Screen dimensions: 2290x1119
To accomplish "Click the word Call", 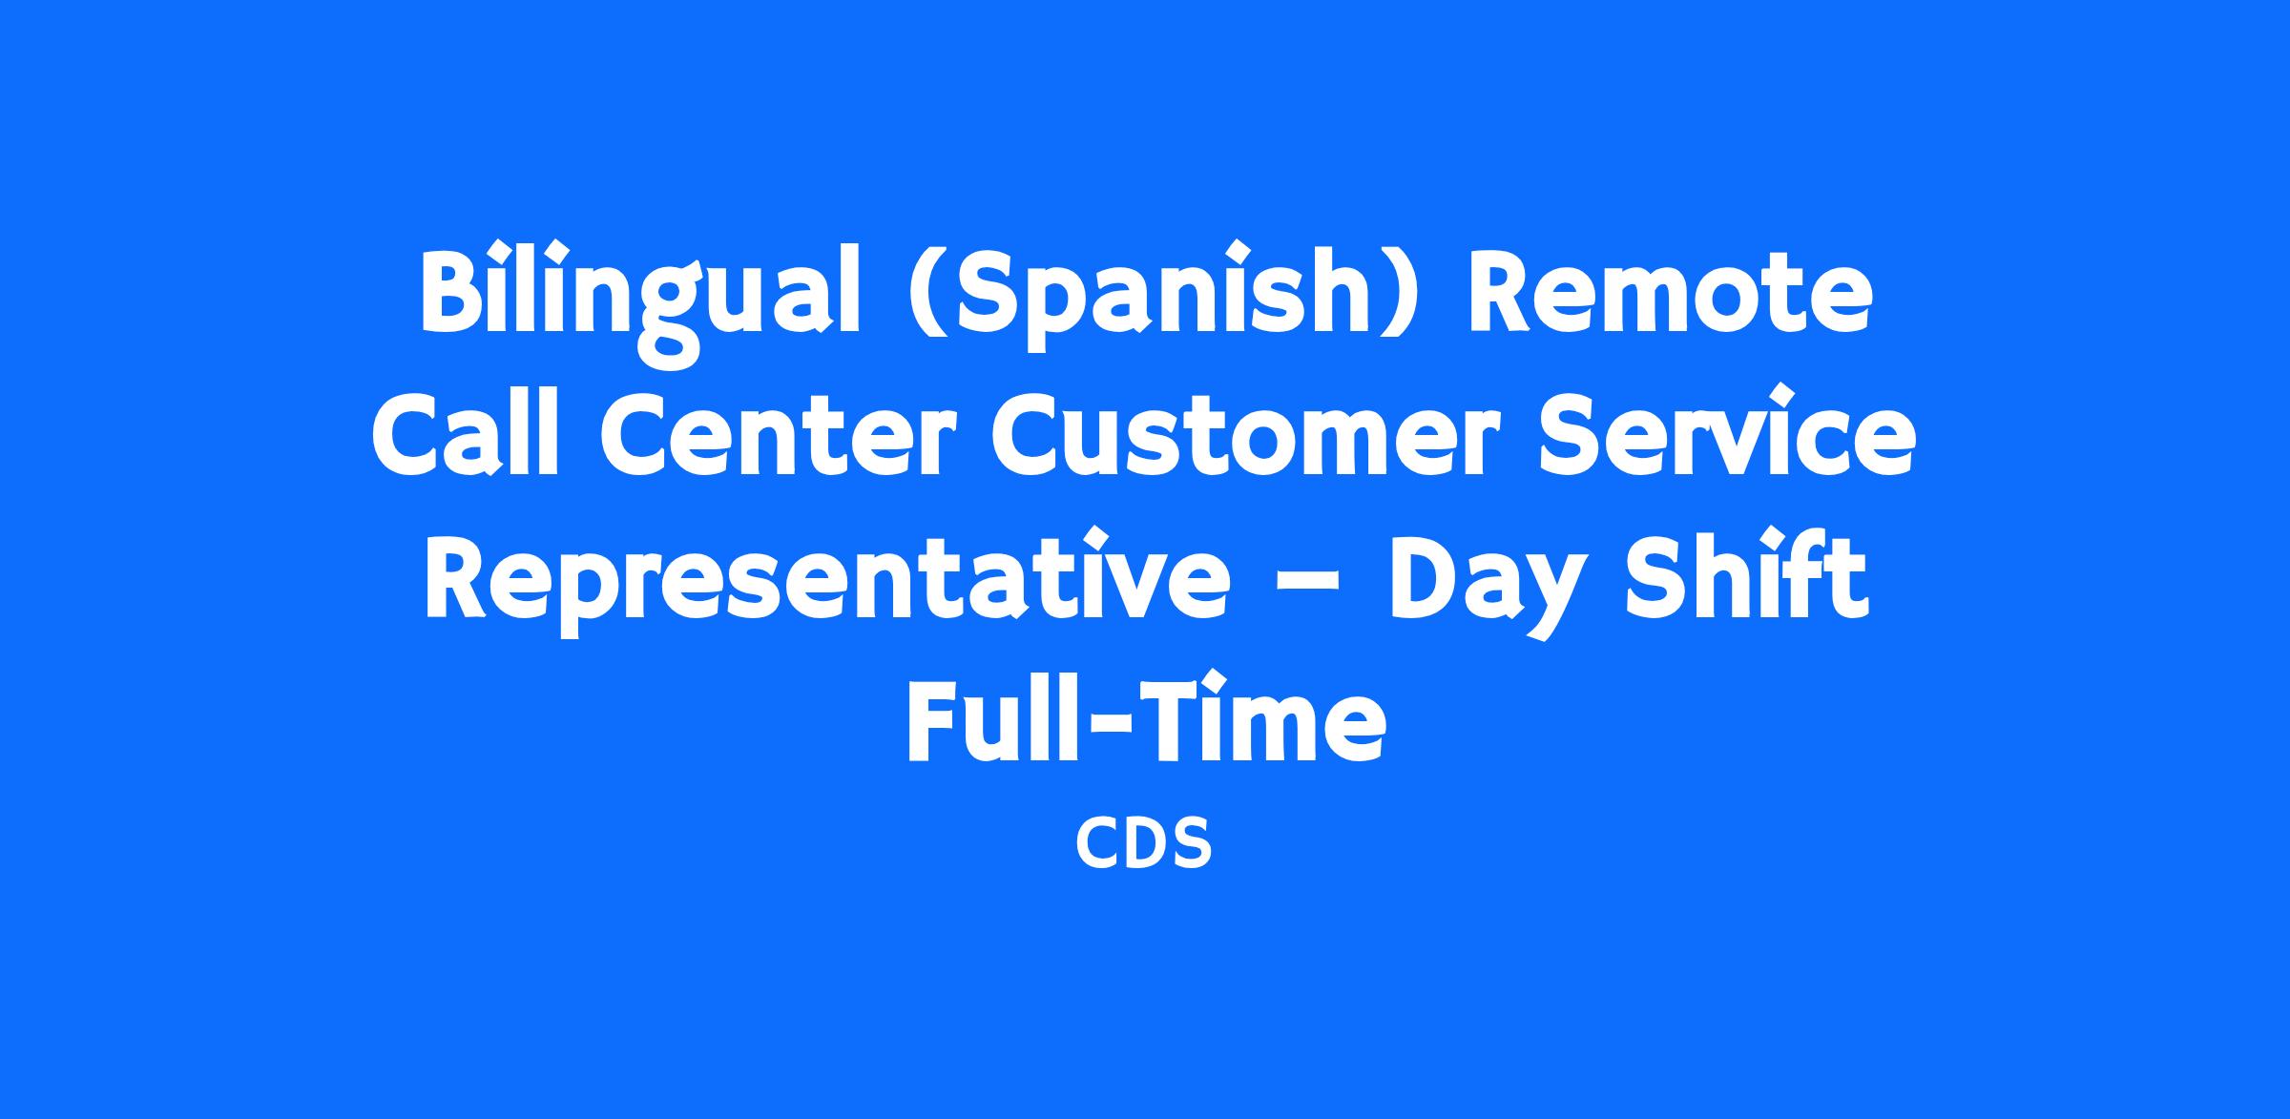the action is coord(465,435).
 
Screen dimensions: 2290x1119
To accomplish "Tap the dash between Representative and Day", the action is coord(1308,583).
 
